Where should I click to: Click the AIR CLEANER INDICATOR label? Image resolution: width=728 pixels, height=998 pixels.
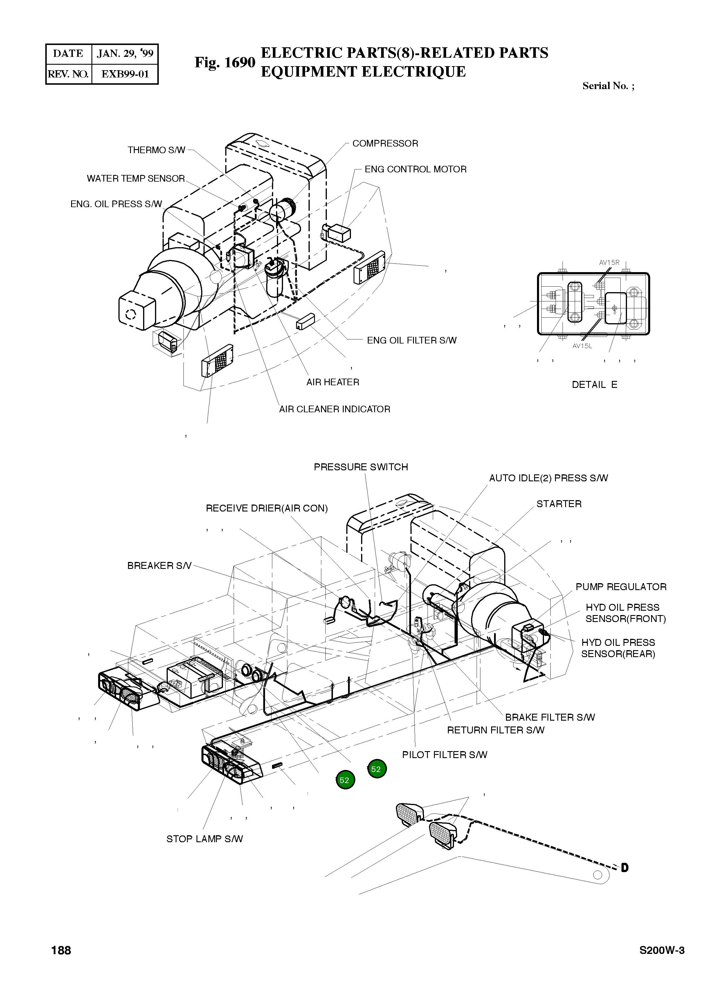(x=334, y=409)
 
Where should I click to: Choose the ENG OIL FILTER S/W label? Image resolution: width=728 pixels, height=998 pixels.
(x=412, y=340)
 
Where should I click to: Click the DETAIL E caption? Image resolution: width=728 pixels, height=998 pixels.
(x=594, y=385)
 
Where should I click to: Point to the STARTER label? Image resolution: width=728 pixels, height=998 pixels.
(x=559, y=504)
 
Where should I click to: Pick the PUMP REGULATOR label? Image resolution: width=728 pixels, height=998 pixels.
(x=621, y=587)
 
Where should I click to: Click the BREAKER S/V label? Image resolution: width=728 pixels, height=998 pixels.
(x=159, y=566)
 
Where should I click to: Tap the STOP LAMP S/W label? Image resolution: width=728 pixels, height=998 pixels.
(x=204, y=839)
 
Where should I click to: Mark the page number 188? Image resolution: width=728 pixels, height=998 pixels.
(x=61, y=963)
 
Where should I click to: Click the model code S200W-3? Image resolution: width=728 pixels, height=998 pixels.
(x=662, y=963)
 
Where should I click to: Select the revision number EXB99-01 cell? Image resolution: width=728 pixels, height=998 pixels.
(x=125, y=74)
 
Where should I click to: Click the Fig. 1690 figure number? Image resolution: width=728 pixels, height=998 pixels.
(x=225, y=63)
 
